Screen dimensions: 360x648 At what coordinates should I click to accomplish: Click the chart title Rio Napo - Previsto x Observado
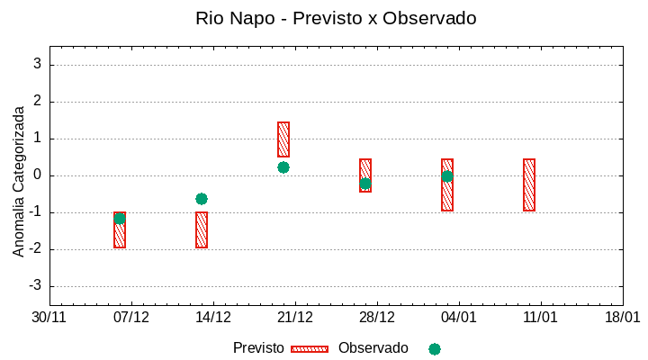coord(336,18)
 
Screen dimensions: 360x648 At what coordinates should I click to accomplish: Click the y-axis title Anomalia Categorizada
coord(19,181)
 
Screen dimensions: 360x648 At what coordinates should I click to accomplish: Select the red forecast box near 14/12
coord(202,230)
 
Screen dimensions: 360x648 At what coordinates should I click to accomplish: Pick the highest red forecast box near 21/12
coord(283,139)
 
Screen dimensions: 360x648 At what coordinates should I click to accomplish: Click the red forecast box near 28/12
coord(365,175)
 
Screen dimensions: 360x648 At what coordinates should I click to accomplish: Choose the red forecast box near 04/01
coord(447,184)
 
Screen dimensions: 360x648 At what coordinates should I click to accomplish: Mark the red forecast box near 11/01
coord(529,184)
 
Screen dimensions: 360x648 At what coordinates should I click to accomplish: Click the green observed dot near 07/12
coord(120,218)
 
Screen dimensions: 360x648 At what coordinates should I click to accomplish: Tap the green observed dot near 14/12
coord(202,199)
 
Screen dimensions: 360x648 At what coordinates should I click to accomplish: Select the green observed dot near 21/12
coord(283,167)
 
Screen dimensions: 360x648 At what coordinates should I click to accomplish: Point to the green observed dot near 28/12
coord(365,184)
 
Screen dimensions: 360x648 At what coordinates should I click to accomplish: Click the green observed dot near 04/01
coord(447,176)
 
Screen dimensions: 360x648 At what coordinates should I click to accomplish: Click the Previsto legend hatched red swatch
coord(310,348)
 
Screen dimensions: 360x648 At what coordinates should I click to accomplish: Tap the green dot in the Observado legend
coord(435,348)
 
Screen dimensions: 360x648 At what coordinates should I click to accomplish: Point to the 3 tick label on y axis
coord(38,65)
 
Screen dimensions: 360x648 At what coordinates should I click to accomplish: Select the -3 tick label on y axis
coord(35,286)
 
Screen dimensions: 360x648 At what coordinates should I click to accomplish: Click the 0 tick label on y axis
coord(38,175)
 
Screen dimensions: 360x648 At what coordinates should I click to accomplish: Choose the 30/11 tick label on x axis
coord(49,318)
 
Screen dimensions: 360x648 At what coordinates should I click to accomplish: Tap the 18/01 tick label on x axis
coord(622,318)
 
